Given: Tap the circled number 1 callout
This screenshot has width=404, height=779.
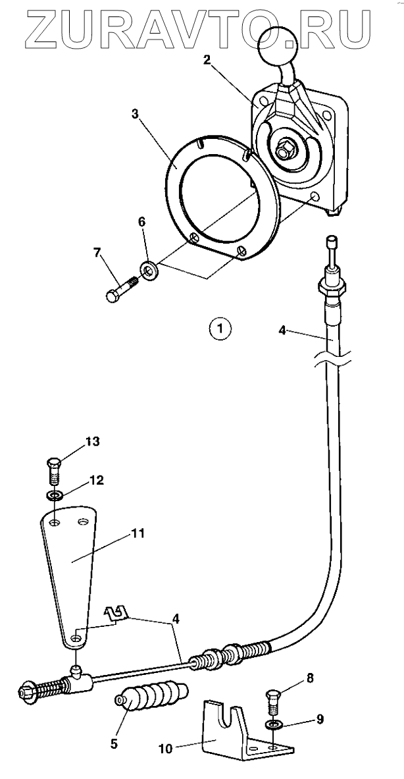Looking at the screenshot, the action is click(x=220, y=327).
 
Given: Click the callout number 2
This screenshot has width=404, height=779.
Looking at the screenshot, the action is click(x=207, y=61).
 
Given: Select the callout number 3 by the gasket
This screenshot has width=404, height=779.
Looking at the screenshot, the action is click(x=135, y=113).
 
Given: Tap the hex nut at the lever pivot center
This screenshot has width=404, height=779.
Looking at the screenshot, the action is click(x=285, y=151).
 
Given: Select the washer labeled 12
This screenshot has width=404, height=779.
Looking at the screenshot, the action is click(x=55, y=495).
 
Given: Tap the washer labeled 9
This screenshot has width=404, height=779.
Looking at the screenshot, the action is click(x=273, y=724).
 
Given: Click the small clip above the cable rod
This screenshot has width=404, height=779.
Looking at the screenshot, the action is click(x=116, y=614).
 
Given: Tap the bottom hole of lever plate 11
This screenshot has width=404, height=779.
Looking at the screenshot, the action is click(x=76, y=638).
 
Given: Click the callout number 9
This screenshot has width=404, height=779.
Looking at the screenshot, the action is click(x=320, y=720).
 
